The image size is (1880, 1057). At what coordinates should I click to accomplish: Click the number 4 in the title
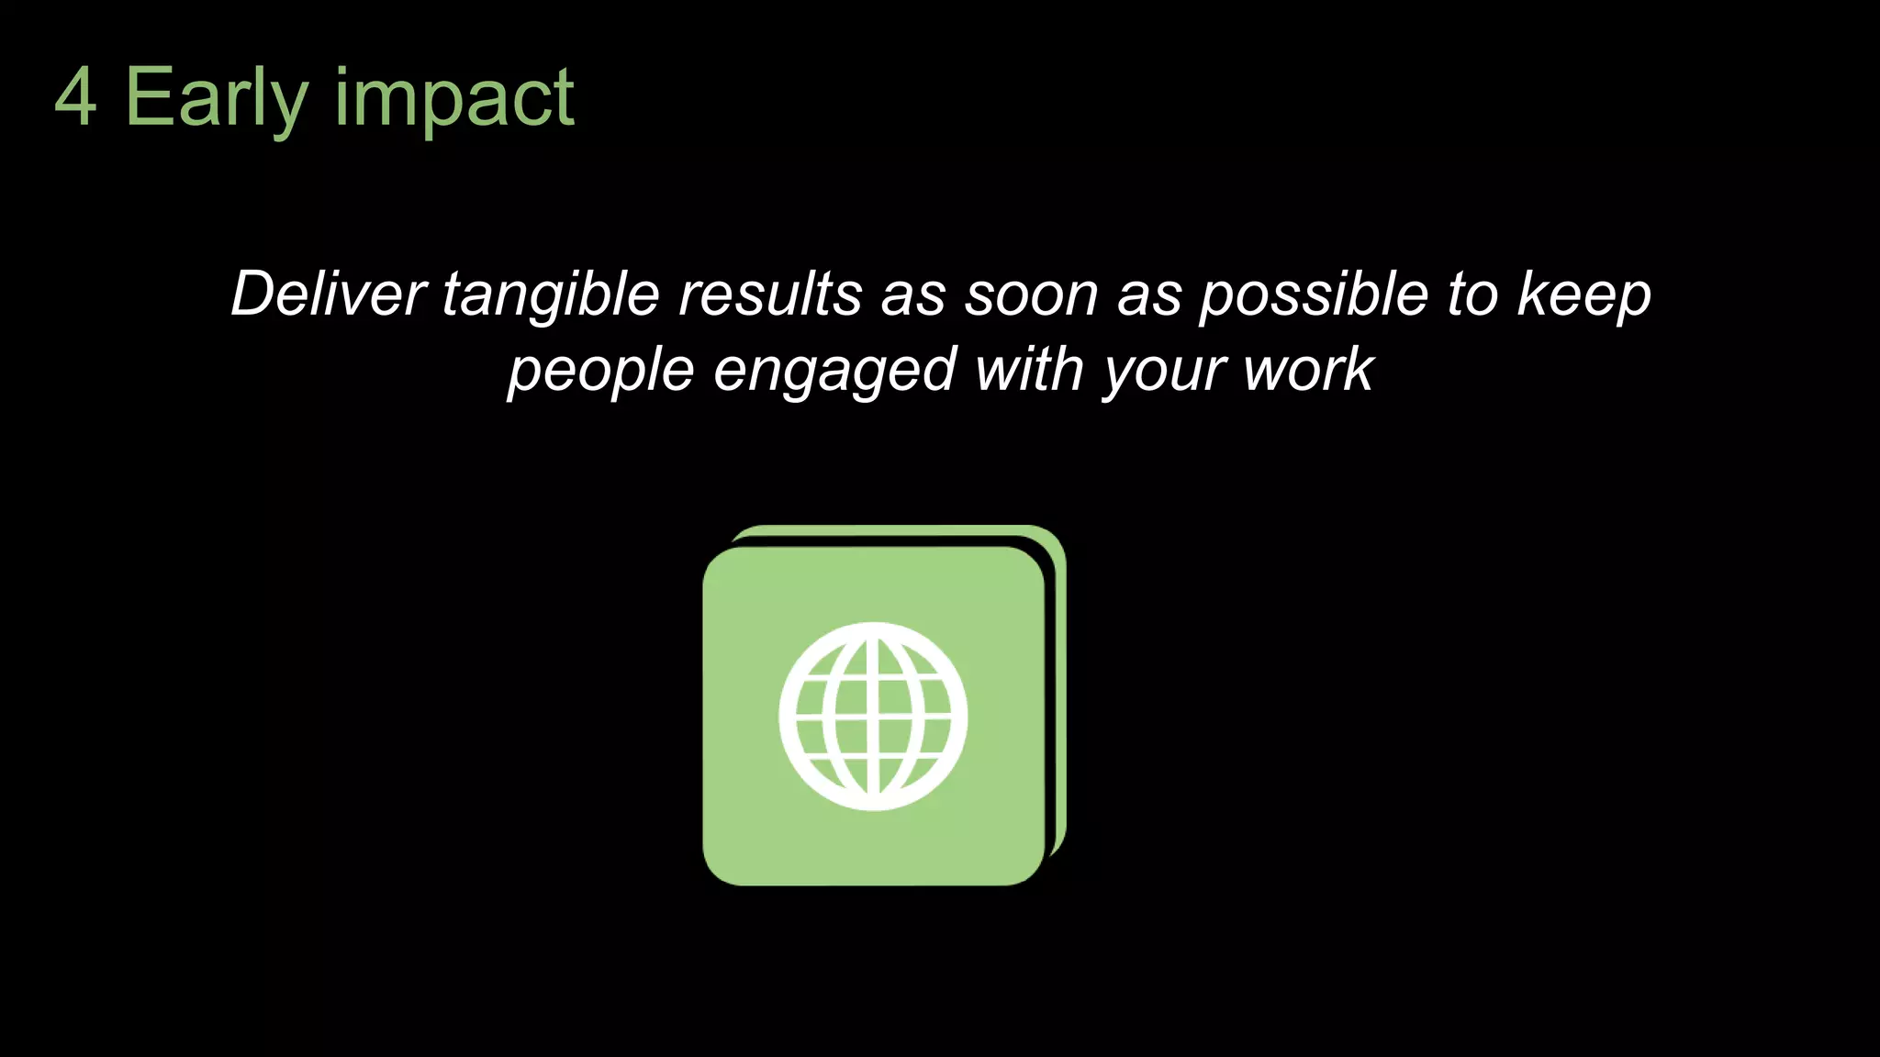pos(75,98)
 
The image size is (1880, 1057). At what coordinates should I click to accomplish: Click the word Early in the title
pos(216,98)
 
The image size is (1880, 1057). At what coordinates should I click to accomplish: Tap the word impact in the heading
pos(453,98)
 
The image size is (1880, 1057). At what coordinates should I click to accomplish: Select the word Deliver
pos(328,295)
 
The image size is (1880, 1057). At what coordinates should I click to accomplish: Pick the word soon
pos(1031,295)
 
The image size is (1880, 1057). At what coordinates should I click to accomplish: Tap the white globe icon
pos(873,716)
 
